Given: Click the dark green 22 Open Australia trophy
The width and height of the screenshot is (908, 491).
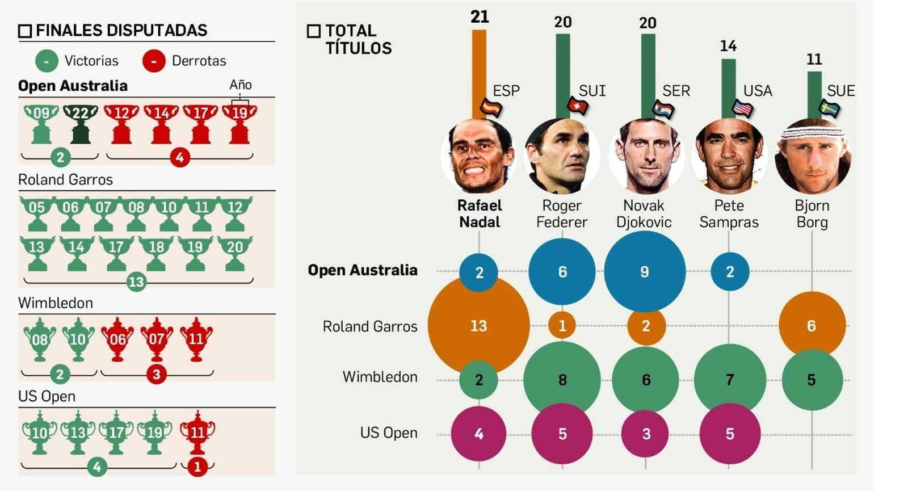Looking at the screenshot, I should coord(80,123).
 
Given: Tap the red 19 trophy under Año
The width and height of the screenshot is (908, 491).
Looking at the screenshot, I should coord(239,123).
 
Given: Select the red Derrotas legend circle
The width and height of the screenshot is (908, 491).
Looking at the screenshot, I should coord(154,61).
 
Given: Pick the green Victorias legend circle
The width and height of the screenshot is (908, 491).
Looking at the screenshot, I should coord(47,61).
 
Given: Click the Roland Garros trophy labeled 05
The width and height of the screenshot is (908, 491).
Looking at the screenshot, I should coord(37,213).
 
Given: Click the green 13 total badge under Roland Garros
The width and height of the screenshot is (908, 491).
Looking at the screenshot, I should coord(136,282).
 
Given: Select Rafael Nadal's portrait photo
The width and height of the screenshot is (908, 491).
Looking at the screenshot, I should coord(480,156).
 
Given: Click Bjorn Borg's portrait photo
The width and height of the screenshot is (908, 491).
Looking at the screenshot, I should coord(813,156).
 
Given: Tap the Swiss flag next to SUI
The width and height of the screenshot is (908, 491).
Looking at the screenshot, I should coord(577,106).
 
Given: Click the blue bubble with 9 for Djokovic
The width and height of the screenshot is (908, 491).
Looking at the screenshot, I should coord(645,271).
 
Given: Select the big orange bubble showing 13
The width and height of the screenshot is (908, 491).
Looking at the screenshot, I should coord(478,325).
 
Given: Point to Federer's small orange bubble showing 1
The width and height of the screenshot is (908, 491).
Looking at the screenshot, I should coord(562,325).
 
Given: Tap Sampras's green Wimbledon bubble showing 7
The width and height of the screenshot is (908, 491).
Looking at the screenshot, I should coord(730,379).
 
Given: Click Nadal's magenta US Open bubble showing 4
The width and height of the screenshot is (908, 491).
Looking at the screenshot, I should coord(478,434).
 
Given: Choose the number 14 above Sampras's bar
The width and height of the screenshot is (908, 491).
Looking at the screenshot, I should coord(728,46).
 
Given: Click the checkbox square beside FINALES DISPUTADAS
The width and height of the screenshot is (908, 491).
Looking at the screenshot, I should coord(25,31).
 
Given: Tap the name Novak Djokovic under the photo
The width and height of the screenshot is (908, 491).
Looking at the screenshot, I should coord(644,213).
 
